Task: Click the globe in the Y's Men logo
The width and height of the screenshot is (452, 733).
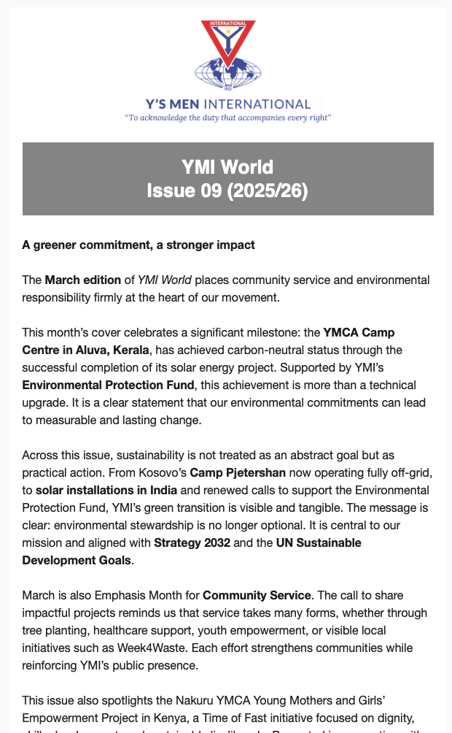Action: (x=228, y=73)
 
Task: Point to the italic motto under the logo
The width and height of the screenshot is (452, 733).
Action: (x=228, y=118)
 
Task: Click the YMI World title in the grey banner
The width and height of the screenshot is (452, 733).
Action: (x=228, y=167)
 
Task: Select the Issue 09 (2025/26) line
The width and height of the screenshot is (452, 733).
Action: (x=228, y=191)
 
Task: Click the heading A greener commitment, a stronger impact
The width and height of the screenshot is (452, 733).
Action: (x=139, y=245)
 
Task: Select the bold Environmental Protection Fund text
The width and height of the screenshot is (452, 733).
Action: (x=96, y=385)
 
